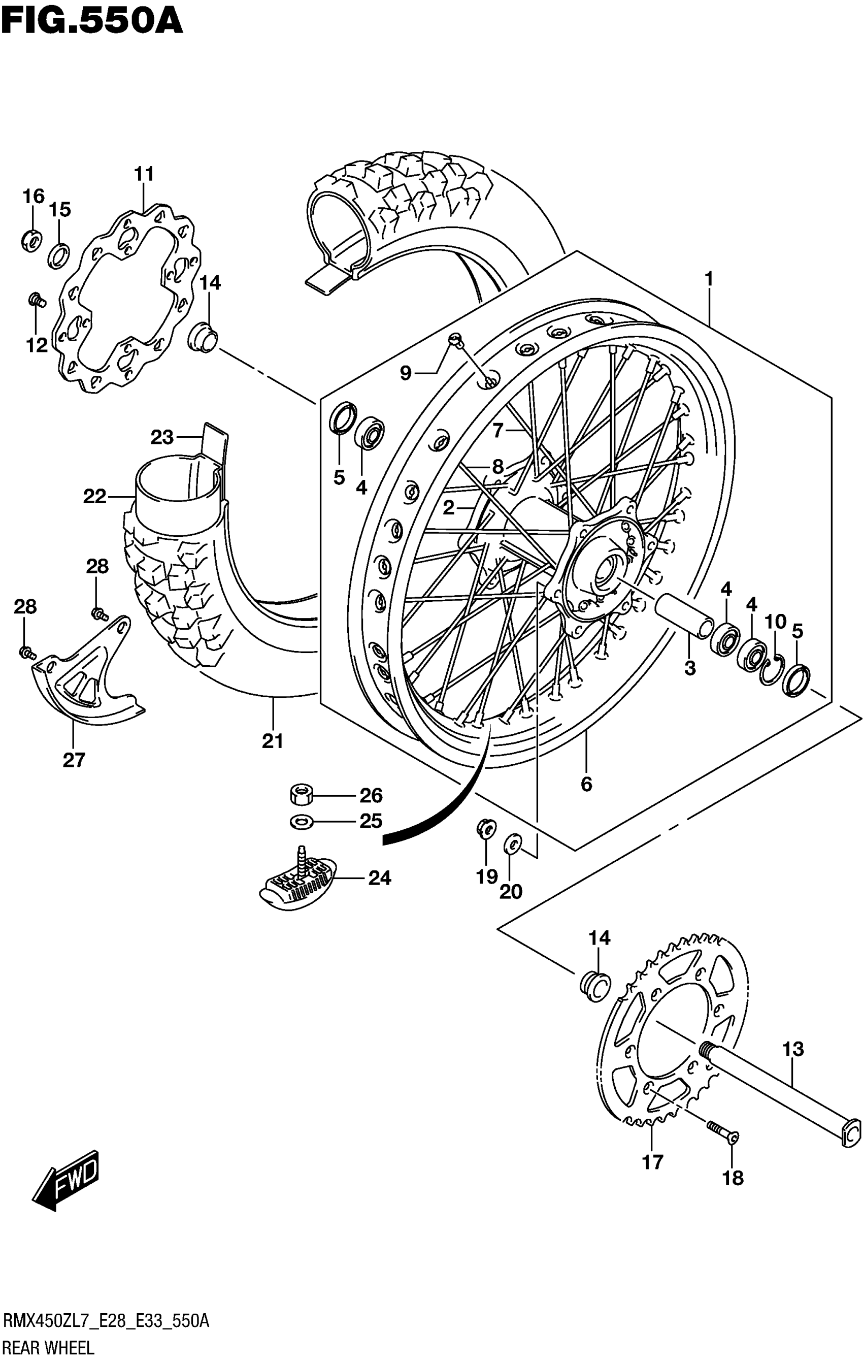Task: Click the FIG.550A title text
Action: click(x=92, y=21)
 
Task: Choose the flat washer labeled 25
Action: click(x=300, y=821)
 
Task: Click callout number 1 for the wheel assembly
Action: click(x=708, y=279)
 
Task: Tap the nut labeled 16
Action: click(x=30, y=241)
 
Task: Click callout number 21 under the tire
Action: click(x=273, y=741)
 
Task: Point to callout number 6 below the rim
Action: click(x=586, y=784)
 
